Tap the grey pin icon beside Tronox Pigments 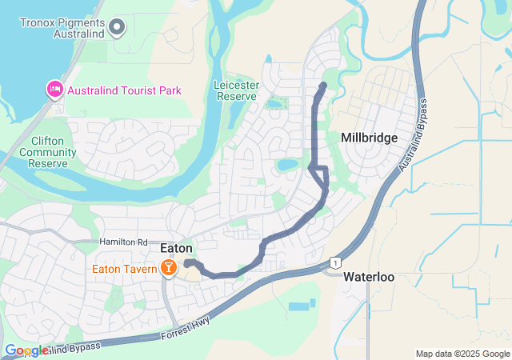pyautogui.click(x=117, y=29)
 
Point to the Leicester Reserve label pyautogui.click(x=235, y=90)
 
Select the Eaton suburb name pyautogui.click(x=176, y=249)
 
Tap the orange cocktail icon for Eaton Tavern pyautogui.click(x=170, y=268)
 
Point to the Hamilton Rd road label pyautogui.click(x=124, y=242)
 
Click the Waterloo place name pyautogui.click(x=369, y=277)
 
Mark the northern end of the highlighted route pyautogui.click(x=323, y=85)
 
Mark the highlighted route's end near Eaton pyautogui.click(x=186, y=262)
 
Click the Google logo pyautogui.click(x=26, y=350)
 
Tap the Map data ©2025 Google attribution pyautogui.click(x=462, y=354)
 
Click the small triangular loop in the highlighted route pyautogui.click(x=321, y=174)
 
